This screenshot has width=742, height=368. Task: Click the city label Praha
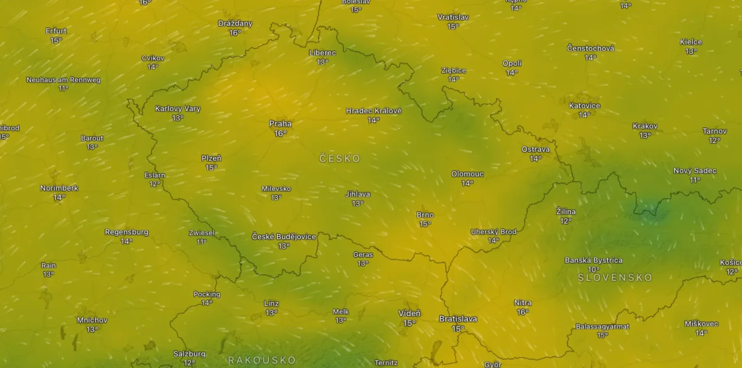tap(280, 123)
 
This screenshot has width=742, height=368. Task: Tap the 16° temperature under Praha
tap(280, 133)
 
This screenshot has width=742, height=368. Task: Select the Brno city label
tap(425, 215)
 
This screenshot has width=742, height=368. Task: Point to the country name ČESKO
tap(339, 159)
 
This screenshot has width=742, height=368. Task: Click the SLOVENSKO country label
tap(615, 278)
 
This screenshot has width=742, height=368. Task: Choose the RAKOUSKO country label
tap(262, 360)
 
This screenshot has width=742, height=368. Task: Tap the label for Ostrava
tap(535, 149)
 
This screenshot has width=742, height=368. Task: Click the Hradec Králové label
tap(373, 111)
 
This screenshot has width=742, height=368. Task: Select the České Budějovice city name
tap(284, 236)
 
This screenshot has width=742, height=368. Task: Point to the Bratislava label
tap(458, 319)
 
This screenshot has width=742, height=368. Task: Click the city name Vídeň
tap(409, 314)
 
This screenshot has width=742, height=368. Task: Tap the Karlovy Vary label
tap(177, 109)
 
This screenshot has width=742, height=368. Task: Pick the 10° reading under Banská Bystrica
tap(594, 270)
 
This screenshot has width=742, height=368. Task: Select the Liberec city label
tap(322, 53)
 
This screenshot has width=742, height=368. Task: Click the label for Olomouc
tap(467, 174)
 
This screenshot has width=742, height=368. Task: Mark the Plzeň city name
tap(211, 158)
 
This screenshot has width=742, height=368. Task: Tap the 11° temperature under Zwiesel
tap(202, 242)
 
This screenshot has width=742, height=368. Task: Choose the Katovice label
tap(584, 106)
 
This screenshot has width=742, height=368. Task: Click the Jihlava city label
tap(357, 194)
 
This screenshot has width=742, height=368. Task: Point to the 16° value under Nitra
tap(522, 312)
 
